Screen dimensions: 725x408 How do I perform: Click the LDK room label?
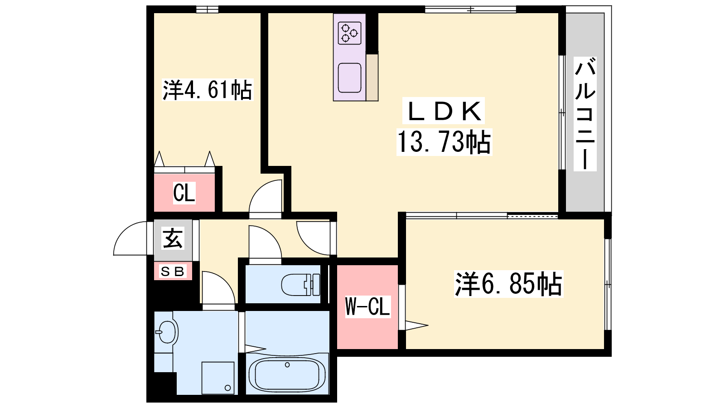tap(444, 111)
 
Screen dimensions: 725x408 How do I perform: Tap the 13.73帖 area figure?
tap(444, 142)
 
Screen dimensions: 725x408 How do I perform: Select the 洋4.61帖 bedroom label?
tap(207, 89)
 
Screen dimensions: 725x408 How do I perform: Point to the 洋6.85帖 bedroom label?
tap(508, 284)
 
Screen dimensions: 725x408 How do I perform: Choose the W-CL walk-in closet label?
tap(367, 306)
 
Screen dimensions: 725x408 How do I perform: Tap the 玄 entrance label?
tap(173, 238)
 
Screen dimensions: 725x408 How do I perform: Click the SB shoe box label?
tap(172, 272)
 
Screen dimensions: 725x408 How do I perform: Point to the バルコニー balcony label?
tap(585, 114)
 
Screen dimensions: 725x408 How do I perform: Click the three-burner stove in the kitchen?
tap(349, 33)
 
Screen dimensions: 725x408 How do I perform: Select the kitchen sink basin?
tap(349, 78)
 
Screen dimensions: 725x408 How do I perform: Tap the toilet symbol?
tap(301, 285)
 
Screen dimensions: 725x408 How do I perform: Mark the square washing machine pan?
tap(218, 378)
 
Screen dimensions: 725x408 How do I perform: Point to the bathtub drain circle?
tap(287, 365)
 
